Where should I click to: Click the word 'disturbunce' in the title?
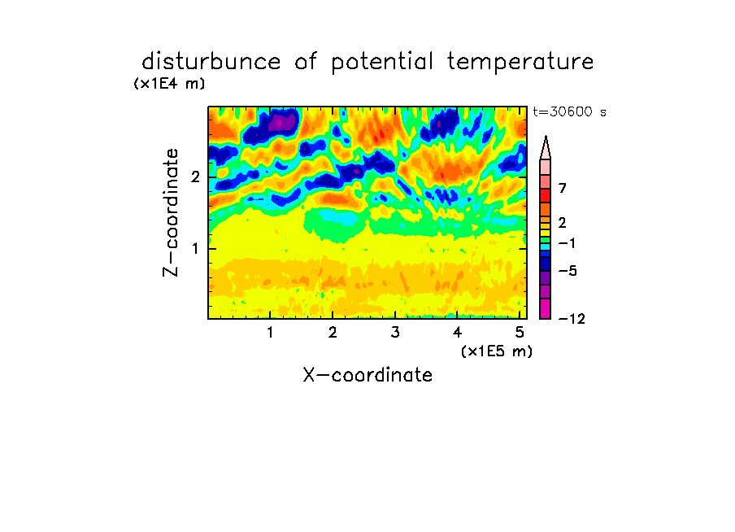tap(211, 62)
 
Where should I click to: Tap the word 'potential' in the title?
tap(382, 63)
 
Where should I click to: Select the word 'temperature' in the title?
tap(520, 63)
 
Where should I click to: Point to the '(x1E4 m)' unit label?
tap(169, 84)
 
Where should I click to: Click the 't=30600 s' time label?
tap(569, 111)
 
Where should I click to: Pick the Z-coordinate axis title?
tap(171, 212)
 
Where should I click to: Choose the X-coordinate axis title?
tap(367, 375)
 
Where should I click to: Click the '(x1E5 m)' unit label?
tap(497, 351)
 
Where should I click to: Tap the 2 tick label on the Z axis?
tap(195, 177)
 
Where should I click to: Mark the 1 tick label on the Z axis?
tap(195, 249)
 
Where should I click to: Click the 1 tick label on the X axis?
tap(270, 333)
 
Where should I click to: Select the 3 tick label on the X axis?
tap(395, 333)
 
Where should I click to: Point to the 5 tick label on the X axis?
tap(520, 333)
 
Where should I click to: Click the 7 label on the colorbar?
tap(563, 188)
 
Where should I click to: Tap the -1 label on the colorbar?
tap(567, 243)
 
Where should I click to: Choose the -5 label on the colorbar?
tap(568, 271)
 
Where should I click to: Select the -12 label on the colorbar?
tap(572, 319)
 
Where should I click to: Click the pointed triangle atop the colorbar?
tap(546, 147)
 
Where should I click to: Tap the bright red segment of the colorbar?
tap(546, 195)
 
